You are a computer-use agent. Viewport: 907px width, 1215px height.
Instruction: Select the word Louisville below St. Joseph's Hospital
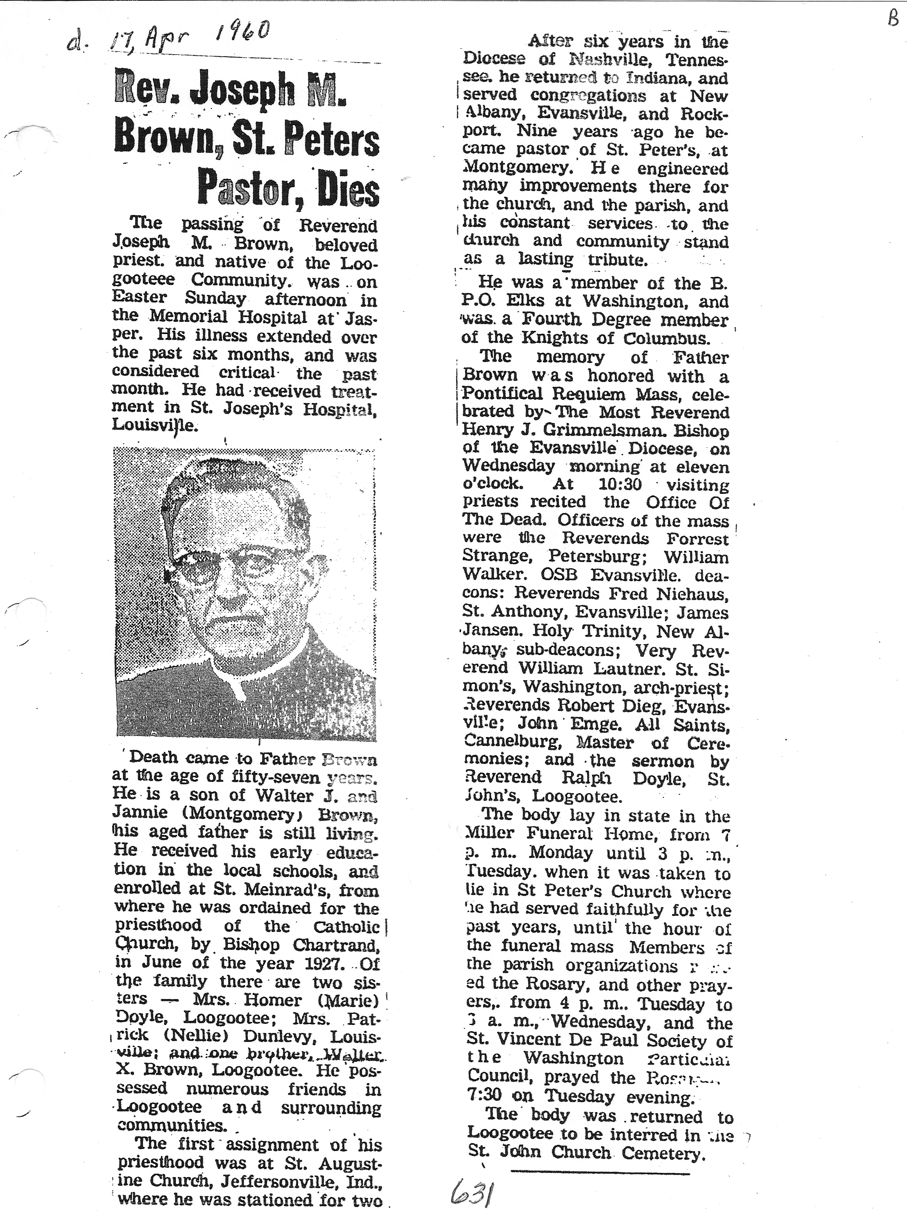[x=154, y=425]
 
